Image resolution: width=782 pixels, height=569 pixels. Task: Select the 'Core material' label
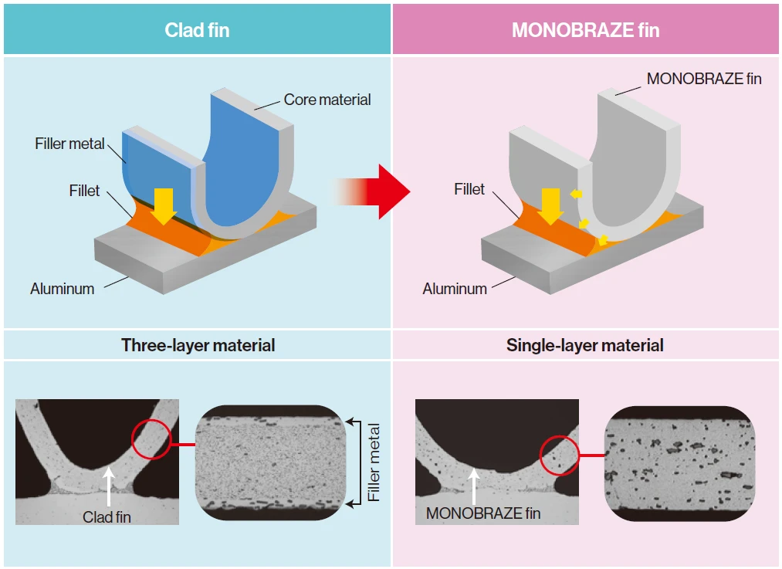click(327, 100)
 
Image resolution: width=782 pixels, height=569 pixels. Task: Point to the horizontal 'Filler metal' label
click(69, 144)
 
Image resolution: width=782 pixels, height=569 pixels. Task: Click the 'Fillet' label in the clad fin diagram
click(84, 191)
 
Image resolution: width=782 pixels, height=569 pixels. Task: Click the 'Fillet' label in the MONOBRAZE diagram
click(469, 189)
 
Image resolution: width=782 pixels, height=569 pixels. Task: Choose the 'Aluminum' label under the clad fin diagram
click(63, 289)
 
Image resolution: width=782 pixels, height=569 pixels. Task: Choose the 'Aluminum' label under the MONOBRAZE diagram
click(455, 289)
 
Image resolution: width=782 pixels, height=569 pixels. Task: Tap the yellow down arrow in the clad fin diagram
click(164, 205)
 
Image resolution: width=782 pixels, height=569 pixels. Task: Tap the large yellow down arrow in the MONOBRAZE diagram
click(551, 205)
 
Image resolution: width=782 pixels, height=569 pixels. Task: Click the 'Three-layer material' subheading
click(198, 345)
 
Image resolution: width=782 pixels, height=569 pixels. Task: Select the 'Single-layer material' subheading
click(585, 345)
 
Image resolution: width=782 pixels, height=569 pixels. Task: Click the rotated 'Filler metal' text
click(375, 462)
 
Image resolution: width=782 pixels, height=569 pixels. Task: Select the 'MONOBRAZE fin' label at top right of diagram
click(704, 79)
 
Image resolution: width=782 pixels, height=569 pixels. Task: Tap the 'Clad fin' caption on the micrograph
click(107, 517)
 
